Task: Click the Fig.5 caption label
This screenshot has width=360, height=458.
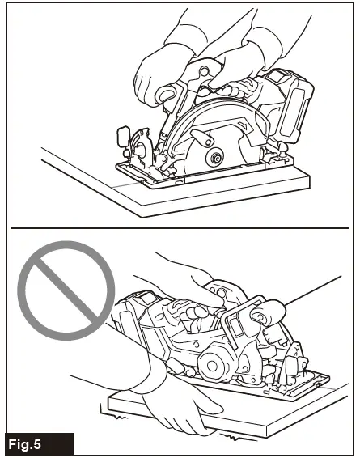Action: tap(38, 444)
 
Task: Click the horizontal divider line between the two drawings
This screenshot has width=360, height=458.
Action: tap(180, 229)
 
